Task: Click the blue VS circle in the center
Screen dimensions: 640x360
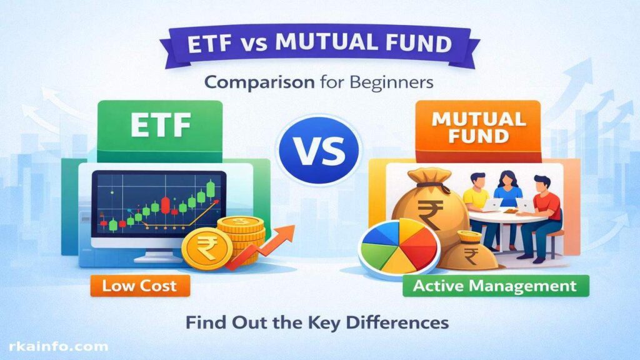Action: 319,149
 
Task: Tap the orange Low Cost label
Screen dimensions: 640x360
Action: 140,286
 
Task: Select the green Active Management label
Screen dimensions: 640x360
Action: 496,286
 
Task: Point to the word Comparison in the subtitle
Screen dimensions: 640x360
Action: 259,83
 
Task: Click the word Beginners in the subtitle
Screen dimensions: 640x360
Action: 391,83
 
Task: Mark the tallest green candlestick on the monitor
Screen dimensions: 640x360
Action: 210,189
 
